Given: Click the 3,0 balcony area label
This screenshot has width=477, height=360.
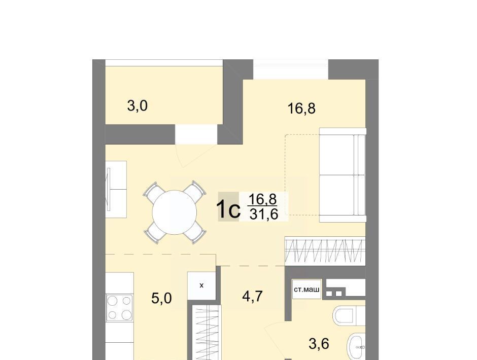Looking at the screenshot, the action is (137, 106).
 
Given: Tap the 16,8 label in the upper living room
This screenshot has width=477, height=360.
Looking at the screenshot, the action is (301, 109).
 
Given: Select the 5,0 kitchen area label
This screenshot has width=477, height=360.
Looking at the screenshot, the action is (161, 299).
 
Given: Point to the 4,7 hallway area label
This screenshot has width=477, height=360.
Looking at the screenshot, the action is (253, 296).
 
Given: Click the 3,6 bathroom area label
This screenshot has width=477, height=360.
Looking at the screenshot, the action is (319, 344).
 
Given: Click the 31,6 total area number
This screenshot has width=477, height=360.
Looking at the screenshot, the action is (264, 215).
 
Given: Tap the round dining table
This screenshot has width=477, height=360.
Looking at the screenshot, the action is (175, 212).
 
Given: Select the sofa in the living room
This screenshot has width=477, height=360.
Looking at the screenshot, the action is (343, 175).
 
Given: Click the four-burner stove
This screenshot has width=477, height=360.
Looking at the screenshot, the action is (119, 308).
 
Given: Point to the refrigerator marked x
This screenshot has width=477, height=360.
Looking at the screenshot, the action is (201, 285).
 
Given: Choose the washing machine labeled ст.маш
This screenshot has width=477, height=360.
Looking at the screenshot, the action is (306, 289).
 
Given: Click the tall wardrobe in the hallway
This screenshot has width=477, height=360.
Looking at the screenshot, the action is (206, 333).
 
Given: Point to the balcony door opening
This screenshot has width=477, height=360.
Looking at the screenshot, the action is (196, 134).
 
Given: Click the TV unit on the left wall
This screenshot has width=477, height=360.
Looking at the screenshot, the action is (116, 190).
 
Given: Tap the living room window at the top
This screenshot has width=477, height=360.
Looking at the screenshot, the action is (291, 69).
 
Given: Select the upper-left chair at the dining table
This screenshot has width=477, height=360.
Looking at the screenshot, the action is (155, 192).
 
